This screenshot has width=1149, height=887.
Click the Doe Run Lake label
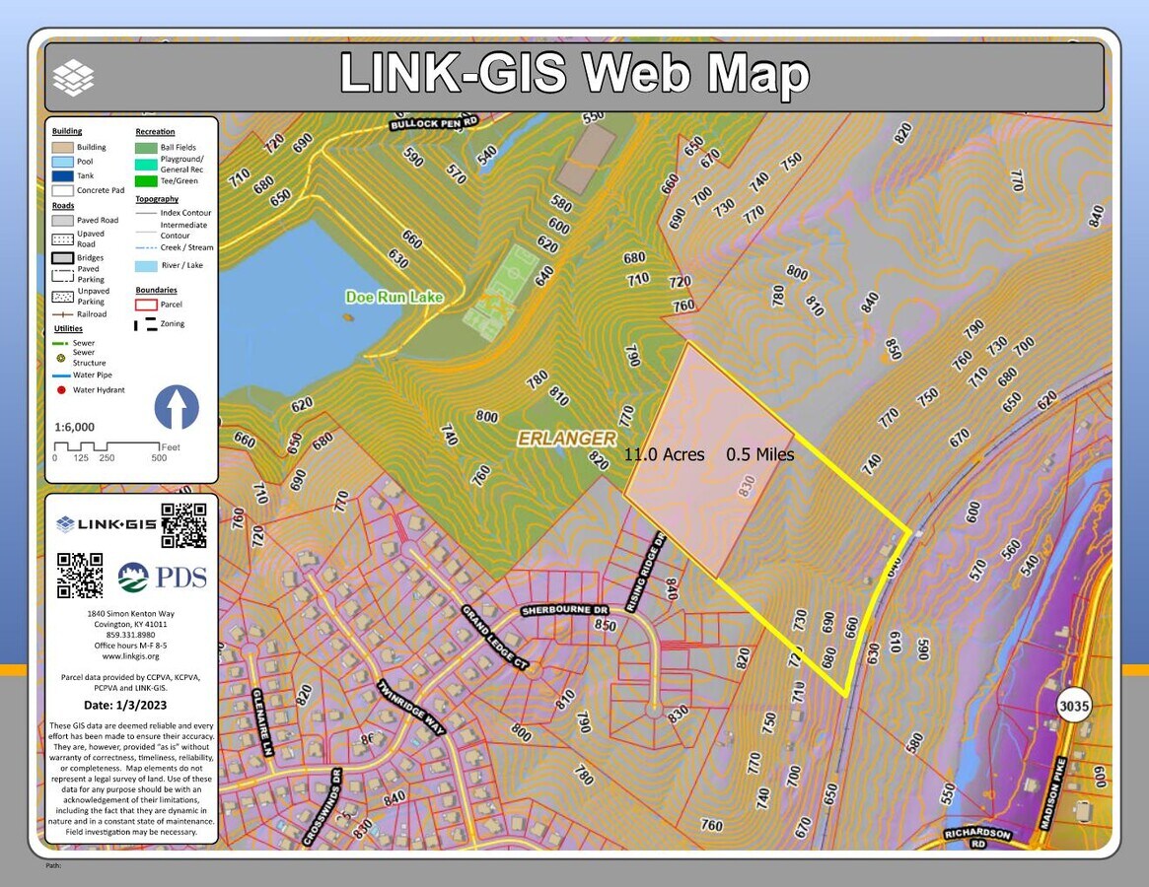click(x=394, y=297)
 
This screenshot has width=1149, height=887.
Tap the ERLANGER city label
click(x=567, y=439)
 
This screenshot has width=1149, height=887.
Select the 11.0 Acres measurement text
click(x=664, y=454)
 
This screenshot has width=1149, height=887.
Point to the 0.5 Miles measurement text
click(x=759, y=454)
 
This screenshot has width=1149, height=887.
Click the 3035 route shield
click(x=1073, y=706)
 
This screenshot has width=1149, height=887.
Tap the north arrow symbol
click(x=177, y=407)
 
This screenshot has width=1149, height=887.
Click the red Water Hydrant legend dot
click(x=61, y=390)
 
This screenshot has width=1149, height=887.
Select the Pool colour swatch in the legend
click(x=63, y=162)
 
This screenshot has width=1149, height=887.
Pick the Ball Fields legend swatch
click(x=146, y=148)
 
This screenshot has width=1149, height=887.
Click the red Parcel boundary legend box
click(x=146, y=305)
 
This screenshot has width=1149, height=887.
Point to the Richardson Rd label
click(x=976, y=839)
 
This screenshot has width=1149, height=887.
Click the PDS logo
click(x=163, y=577)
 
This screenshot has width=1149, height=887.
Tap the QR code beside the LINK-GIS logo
click(x=183, y=524)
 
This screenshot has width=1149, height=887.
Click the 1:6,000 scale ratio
click(x=75, y=428)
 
